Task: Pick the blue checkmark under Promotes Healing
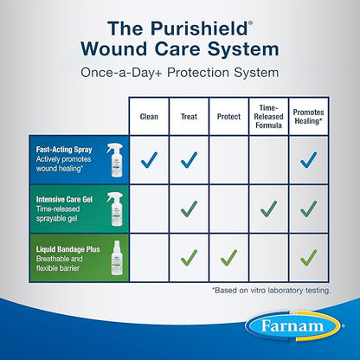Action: tap(310, 158)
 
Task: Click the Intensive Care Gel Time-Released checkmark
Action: tap(268, 208)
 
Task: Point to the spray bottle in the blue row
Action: tap(113, 159)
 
